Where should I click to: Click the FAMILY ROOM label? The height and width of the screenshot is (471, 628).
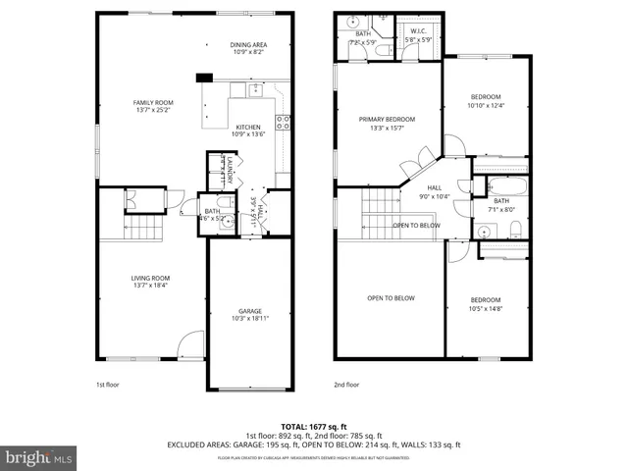click(x=153, y=107)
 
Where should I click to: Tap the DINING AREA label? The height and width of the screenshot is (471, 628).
click(x=249, y=47)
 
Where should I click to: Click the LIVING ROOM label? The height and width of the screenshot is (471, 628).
click(x=151, y=282)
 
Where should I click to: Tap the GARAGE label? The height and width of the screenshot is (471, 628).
click(x=249, y=314)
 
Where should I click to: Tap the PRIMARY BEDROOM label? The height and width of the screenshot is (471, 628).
click(x=387, y=123)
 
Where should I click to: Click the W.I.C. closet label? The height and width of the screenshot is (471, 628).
click(x=418, y=35)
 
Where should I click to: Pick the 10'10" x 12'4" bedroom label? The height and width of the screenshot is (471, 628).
click(x=486, y=101)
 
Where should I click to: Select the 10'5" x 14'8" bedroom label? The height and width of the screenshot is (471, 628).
click(x=485, y=304)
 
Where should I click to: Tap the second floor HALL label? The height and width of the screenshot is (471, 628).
click(x=435, y=191)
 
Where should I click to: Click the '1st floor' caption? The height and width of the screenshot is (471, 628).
click(x=107, y=385)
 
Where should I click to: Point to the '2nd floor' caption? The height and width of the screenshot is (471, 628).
click(x=346, y=385)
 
